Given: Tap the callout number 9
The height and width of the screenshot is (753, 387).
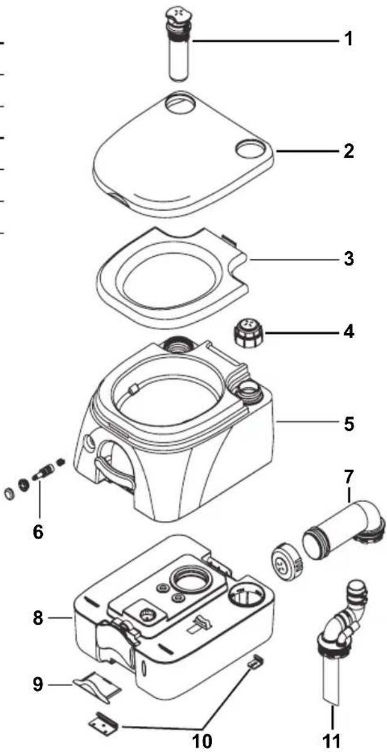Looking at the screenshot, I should click(37, 684).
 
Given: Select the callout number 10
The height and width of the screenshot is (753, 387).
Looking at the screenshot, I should click(202, 739).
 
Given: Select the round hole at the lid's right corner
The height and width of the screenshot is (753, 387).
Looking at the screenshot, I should click(248, 146).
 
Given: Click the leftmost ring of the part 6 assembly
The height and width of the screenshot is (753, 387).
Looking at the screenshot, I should click(9, 494).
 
